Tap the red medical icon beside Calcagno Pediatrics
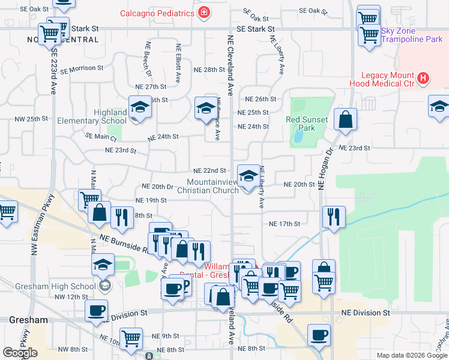coord(204,13)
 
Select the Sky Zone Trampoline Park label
coord(412,35)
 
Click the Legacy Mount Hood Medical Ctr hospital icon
coord(424,78)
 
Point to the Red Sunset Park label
coord(307,124)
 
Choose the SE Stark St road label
coord(255,29)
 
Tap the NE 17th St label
coord(284,224)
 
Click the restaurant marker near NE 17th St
coord(333,217)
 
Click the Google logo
coord(20,352)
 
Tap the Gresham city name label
coord(28,320)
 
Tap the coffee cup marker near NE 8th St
coord(319,334)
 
